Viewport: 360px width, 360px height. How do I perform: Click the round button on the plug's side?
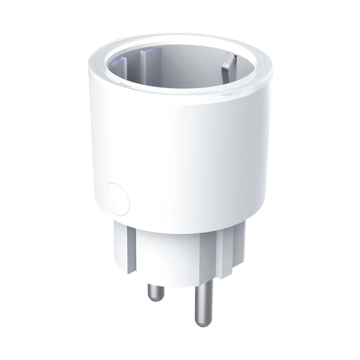pos(116,198)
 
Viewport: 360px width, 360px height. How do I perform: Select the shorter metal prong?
pos(156,291)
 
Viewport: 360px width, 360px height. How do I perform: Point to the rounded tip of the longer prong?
pos(202,322)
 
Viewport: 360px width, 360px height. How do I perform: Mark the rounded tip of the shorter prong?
pos(156,299)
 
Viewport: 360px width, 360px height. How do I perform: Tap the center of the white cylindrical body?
pos(180,150)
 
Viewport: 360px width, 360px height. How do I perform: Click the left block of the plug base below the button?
pos(121,243)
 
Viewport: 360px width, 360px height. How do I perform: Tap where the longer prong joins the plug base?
pos(202,282)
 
